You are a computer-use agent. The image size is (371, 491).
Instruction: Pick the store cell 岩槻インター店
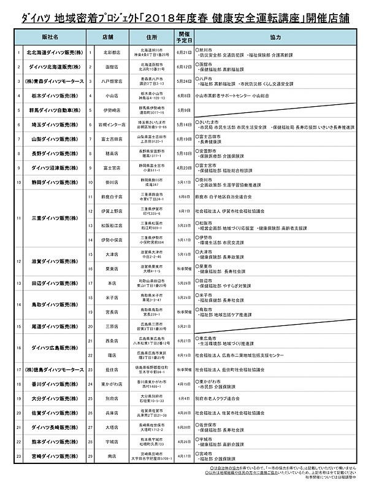coord(110,125)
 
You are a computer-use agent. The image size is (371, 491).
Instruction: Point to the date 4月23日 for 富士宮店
coord(183,168)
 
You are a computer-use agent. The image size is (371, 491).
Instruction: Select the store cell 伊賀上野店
coord(110,211)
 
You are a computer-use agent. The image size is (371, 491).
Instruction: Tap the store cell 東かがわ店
coord(110,384)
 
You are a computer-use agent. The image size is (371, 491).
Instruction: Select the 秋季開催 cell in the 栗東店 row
coord(183,268)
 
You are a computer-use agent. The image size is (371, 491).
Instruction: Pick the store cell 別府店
coord(110,399)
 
